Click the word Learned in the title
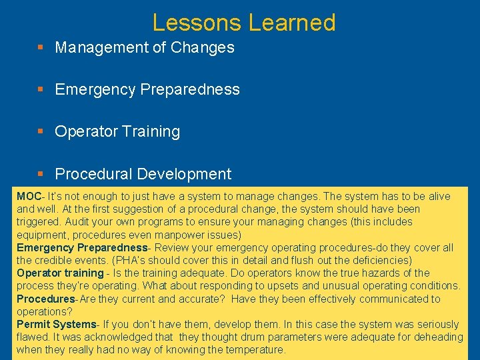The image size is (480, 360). coord(292,23)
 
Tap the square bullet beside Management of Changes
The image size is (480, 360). coord(41,48)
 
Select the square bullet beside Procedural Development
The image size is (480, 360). coord(41,175)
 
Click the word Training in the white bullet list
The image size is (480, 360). coord(151,131)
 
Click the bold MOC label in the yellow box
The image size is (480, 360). coord(29,197)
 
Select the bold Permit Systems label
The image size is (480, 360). coord(56,324)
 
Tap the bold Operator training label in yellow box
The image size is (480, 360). coord(60,273)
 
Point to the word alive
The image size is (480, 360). coord(437,197)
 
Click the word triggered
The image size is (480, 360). coord(39,222)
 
